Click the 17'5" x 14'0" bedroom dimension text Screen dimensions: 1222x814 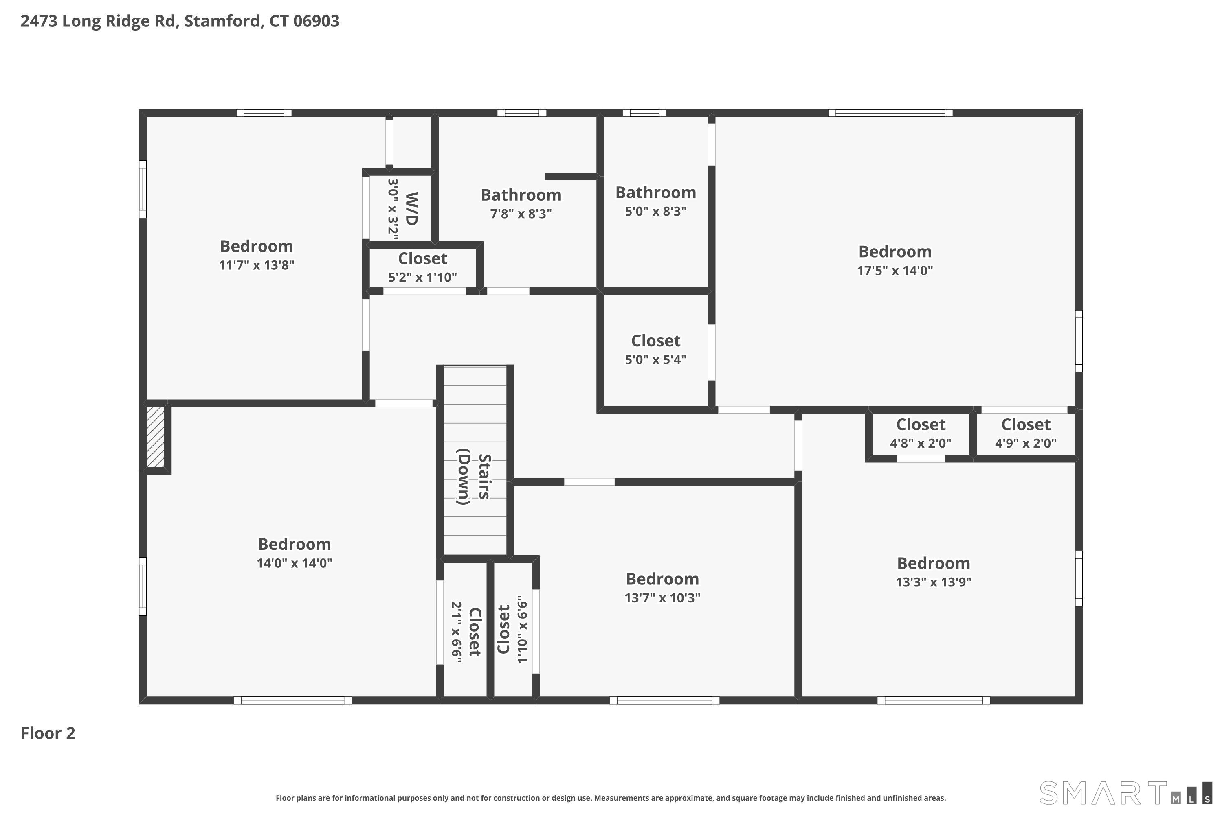(895, 271)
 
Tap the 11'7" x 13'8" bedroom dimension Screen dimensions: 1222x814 (257, 265)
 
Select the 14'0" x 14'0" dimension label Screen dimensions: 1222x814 (295, 563)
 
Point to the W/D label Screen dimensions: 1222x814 (411, 209)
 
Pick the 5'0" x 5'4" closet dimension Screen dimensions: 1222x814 (656, 359)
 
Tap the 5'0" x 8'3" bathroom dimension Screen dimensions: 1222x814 (656, 211)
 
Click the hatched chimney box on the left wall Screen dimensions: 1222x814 (155, 437)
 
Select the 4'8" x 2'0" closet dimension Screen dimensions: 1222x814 (921, 443)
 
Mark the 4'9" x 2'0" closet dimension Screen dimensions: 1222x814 (1026, 443)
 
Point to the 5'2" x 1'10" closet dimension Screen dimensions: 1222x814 (422, 277)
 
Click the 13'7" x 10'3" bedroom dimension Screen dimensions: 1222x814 (662, 597)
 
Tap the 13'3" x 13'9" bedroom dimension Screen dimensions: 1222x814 (934, 582)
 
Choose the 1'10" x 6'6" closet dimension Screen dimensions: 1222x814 (522, 629)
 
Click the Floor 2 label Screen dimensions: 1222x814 (48, 733)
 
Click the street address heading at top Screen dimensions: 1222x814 (180, 21)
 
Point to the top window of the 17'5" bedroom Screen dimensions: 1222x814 (890, 113)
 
